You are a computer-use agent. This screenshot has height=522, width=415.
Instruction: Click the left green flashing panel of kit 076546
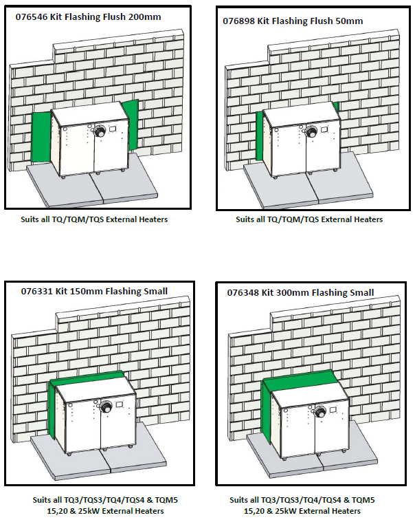point(41,137)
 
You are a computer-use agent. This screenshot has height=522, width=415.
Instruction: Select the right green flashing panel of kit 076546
point(131,124)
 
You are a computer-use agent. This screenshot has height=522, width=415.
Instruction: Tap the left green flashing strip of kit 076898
point(260,135)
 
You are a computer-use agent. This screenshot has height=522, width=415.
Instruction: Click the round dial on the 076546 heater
point(98,131)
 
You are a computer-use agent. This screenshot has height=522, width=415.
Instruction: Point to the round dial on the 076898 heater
point(311,132)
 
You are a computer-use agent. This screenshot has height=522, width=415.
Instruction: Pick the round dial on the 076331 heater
point(106,407)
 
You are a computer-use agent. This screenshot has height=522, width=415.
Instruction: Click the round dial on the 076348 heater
point(321,411)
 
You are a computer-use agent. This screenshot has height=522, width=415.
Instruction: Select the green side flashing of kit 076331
point(52,410)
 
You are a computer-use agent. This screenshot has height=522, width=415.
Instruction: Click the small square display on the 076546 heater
point(113,128)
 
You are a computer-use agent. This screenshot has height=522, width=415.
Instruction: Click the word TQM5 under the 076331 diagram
point(166,500)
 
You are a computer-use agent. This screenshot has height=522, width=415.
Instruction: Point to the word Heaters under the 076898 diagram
point(368,219)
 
